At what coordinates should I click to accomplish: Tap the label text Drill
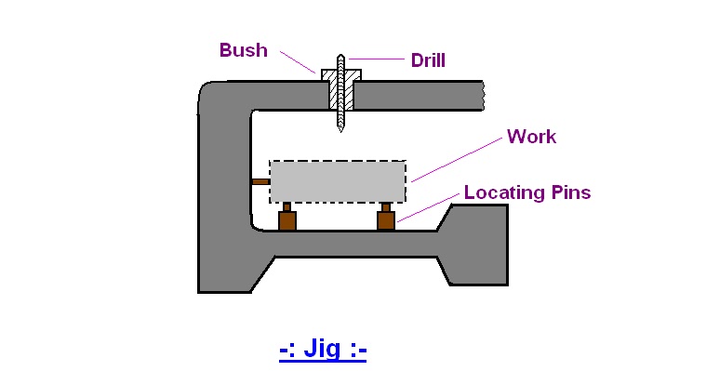click(x=428, y=60)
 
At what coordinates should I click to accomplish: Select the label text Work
click(x=531, y=137)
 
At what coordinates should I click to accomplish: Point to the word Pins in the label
click(x=570, y=192)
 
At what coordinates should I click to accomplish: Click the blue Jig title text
click(x=323, y=350)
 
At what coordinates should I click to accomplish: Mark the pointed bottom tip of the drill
click(x=340, y=130)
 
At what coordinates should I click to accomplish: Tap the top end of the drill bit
click(x=340, y=55)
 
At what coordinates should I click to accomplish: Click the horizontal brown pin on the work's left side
click(x=260, y=181)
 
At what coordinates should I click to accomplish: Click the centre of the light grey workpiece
click(x=338, y=181)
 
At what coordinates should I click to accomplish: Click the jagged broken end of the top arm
click(x=481, y=92)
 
